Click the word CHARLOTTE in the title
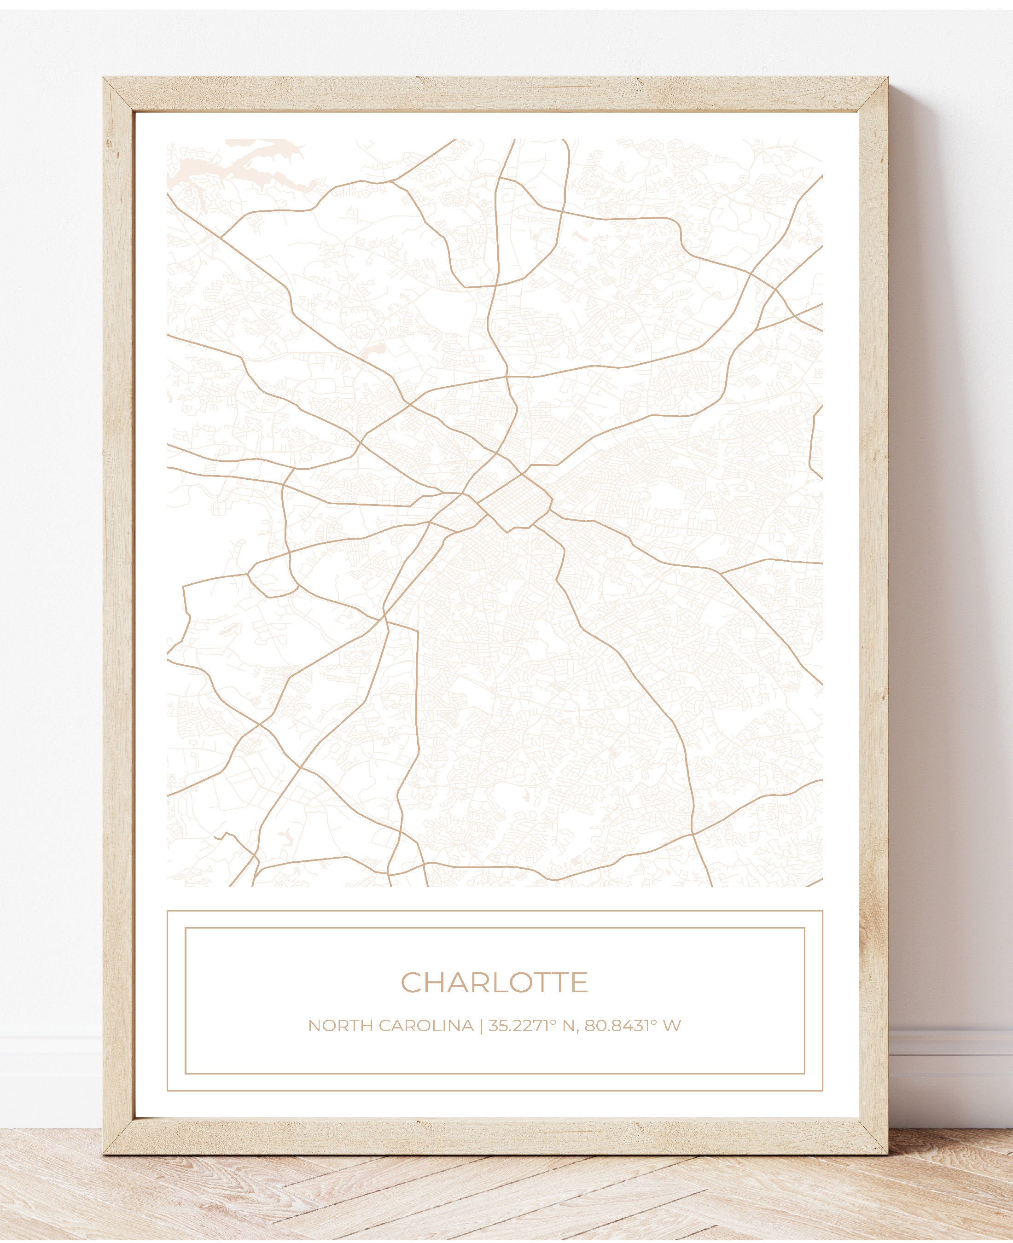tap(494, 982)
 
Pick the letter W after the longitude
tap(672, 1025)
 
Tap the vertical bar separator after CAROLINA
tap(481, 1025)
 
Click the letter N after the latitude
tap(568, 1025)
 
